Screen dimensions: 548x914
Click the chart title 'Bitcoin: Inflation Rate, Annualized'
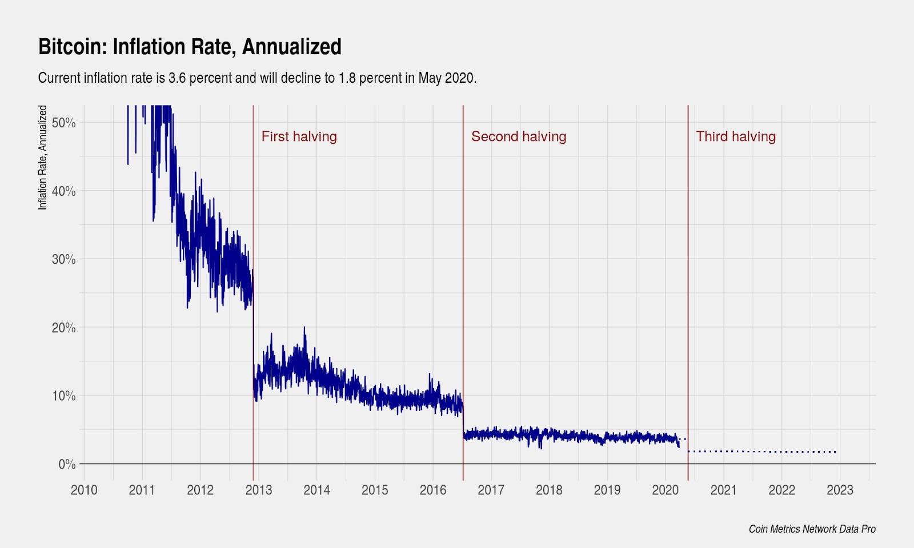(190, 47)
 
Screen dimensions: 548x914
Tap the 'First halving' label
(299, 136)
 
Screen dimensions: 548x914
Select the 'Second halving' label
(518, 136)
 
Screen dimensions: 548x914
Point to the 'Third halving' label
(735, 136)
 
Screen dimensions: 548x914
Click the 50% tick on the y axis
(63, 123)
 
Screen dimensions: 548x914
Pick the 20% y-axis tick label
(63, 328)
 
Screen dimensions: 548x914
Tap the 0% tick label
(67, 464)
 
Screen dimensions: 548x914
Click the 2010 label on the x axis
(84, 490)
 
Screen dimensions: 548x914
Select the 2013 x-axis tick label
(258, 490)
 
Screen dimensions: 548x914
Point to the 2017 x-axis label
(491, 490)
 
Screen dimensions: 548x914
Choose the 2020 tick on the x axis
(665, 490)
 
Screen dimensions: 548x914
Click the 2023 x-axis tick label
(840, 490)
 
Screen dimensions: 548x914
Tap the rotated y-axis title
(43, 158)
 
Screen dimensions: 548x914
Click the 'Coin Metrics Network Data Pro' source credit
(812, 529)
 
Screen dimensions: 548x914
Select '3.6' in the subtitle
(177, 78)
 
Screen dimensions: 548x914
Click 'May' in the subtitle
(430, 78)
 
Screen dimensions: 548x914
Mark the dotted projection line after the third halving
(765, 452)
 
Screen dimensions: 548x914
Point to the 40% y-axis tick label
(63, 191)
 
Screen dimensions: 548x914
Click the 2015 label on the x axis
(375, 490)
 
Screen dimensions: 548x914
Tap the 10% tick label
(63, 396)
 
